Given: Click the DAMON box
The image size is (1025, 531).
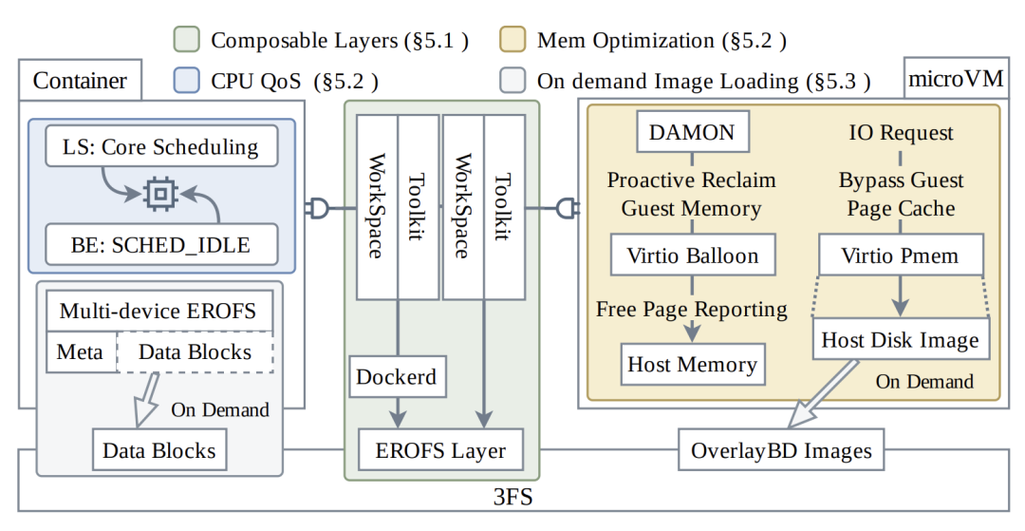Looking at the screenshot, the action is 693,132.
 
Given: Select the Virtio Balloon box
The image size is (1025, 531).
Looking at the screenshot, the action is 693,255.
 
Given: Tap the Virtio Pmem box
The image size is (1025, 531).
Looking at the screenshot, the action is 901,255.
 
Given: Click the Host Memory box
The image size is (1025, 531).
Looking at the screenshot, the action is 692,364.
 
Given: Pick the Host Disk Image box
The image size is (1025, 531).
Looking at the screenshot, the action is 901,339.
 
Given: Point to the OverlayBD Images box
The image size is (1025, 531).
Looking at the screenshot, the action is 781,450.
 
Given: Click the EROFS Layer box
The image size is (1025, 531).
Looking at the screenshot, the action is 440,450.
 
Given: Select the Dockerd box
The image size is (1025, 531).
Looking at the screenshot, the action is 398,377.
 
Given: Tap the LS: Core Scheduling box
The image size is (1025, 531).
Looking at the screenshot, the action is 161,146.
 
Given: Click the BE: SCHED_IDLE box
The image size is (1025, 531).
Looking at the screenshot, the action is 161,244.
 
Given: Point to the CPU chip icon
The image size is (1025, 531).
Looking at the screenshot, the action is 160,194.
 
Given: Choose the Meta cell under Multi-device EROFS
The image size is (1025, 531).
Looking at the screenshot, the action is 81,351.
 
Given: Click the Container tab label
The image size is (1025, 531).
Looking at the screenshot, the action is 80,81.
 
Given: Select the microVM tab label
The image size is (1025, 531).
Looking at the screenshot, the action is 956,79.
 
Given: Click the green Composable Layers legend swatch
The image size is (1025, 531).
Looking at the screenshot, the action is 186,40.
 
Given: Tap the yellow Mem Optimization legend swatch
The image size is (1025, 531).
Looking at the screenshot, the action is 512,40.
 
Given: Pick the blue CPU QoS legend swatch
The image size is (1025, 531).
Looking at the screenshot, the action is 186,81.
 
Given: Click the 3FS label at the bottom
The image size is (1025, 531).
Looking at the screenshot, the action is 512,497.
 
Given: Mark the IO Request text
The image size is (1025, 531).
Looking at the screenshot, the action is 901,133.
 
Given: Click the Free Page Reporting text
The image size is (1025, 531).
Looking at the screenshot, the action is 692,309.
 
